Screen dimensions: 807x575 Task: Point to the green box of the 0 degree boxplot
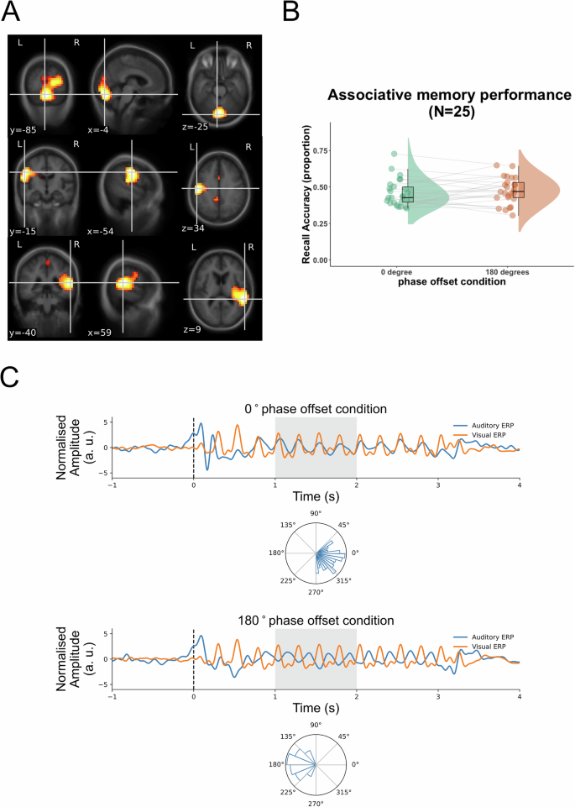coord(408,195)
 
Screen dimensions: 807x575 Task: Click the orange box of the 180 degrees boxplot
coord(518,190)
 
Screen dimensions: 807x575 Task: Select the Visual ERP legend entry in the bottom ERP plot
coord(487,647)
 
